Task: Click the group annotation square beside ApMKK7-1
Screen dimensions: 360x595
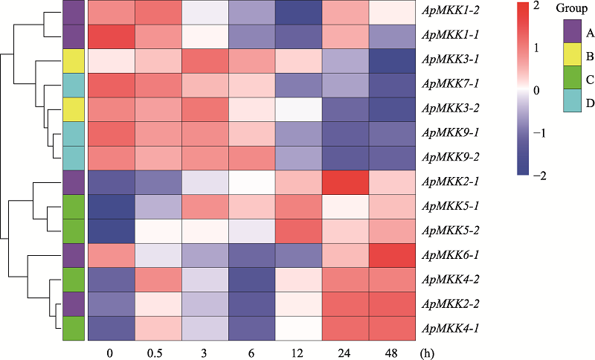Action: tap(73, 85)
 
